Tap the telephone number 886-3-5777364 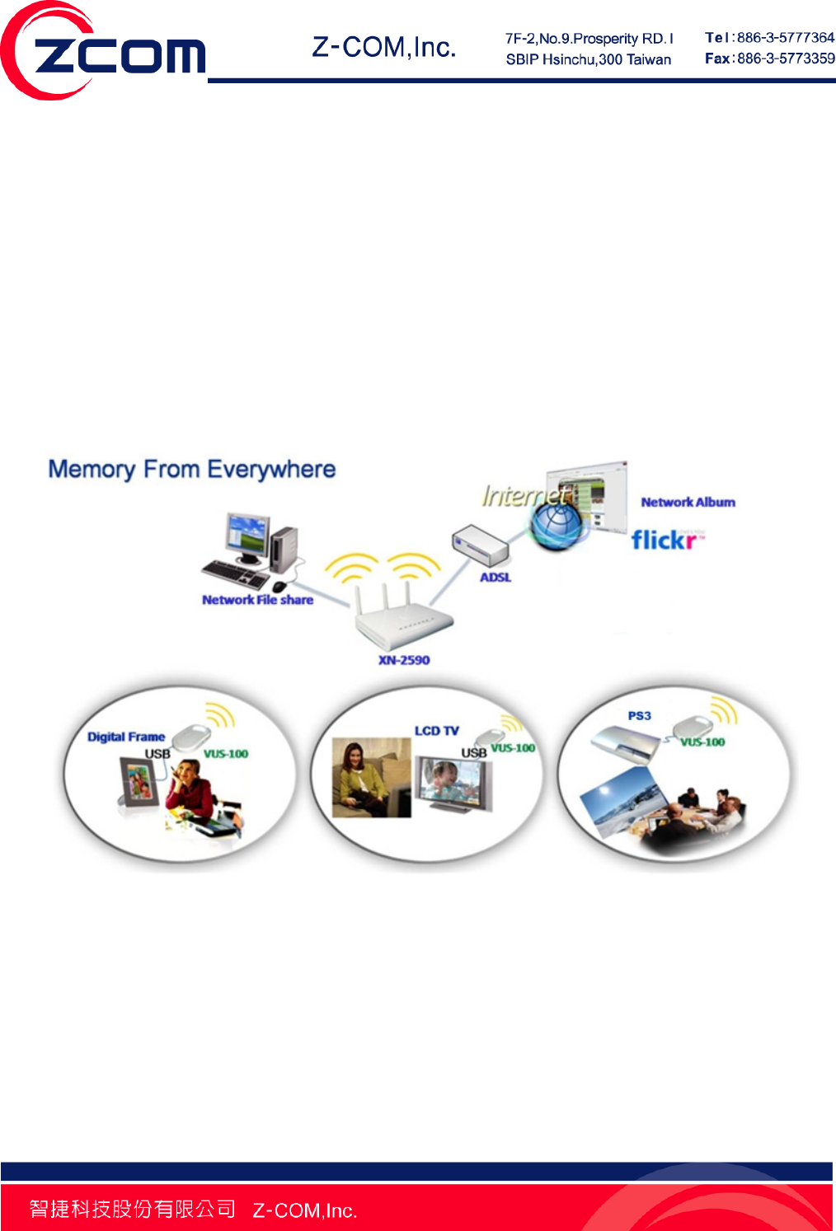pyautogui.click(x=785, y=38)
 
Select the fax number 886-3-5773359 pyautogui.click(x=785, y=59)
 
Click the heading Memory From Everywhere pyautogui.click(x=192, y=470)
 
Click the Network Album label pyautogui.click(x=688, y=502)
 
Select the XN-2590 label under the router pyautogui.click(x=404, y=660)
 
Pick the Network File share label pyautogui.click(x=257, y=600)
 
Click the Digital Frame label pyautogui.click(x=126, y=737)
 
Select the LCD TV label pyautogui.click(x=436, y=731)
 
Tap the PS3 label pyautogui.click(x=639, y=715)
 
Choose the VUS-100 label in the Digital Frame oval pyautogui.click(x=226, y=754)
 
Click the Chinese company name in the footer pyautogui.click(x=132, y=1209)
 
